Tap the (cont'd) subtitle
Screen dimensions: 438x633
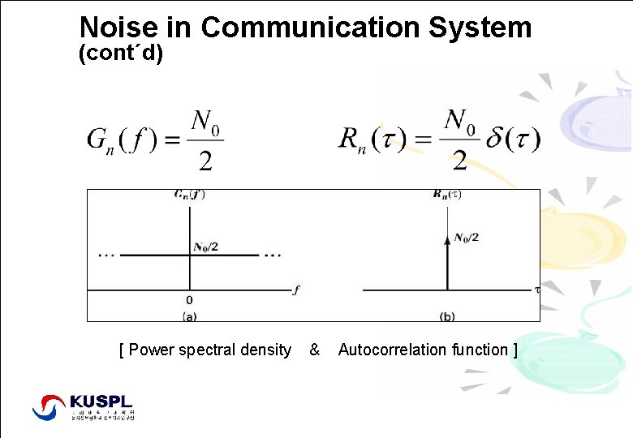tap(121, 56)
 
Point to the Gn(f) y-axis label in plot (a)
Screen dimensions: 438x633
tap(189, 195)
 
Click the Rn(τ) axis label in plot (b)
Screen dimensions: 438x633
tap(447, 195)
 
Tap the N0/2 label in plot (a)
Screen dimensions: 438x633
tap(205, 247)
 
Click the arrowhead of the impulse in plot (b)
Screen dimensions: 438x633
tap(447, 239)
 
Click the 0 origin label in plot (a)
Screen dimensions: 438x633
tap(189, 300)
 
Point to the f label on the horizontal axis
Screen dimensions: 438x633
tap(296, 290)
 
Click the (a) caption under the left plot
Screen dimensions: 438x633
tap(189, 316)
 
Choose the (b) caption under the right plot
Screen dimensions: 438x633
tap(447, 316)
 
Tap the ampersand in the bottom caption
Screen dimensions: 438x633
tap(315, 350)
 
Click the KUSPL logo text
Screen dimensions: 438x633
tap(101, 401)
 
